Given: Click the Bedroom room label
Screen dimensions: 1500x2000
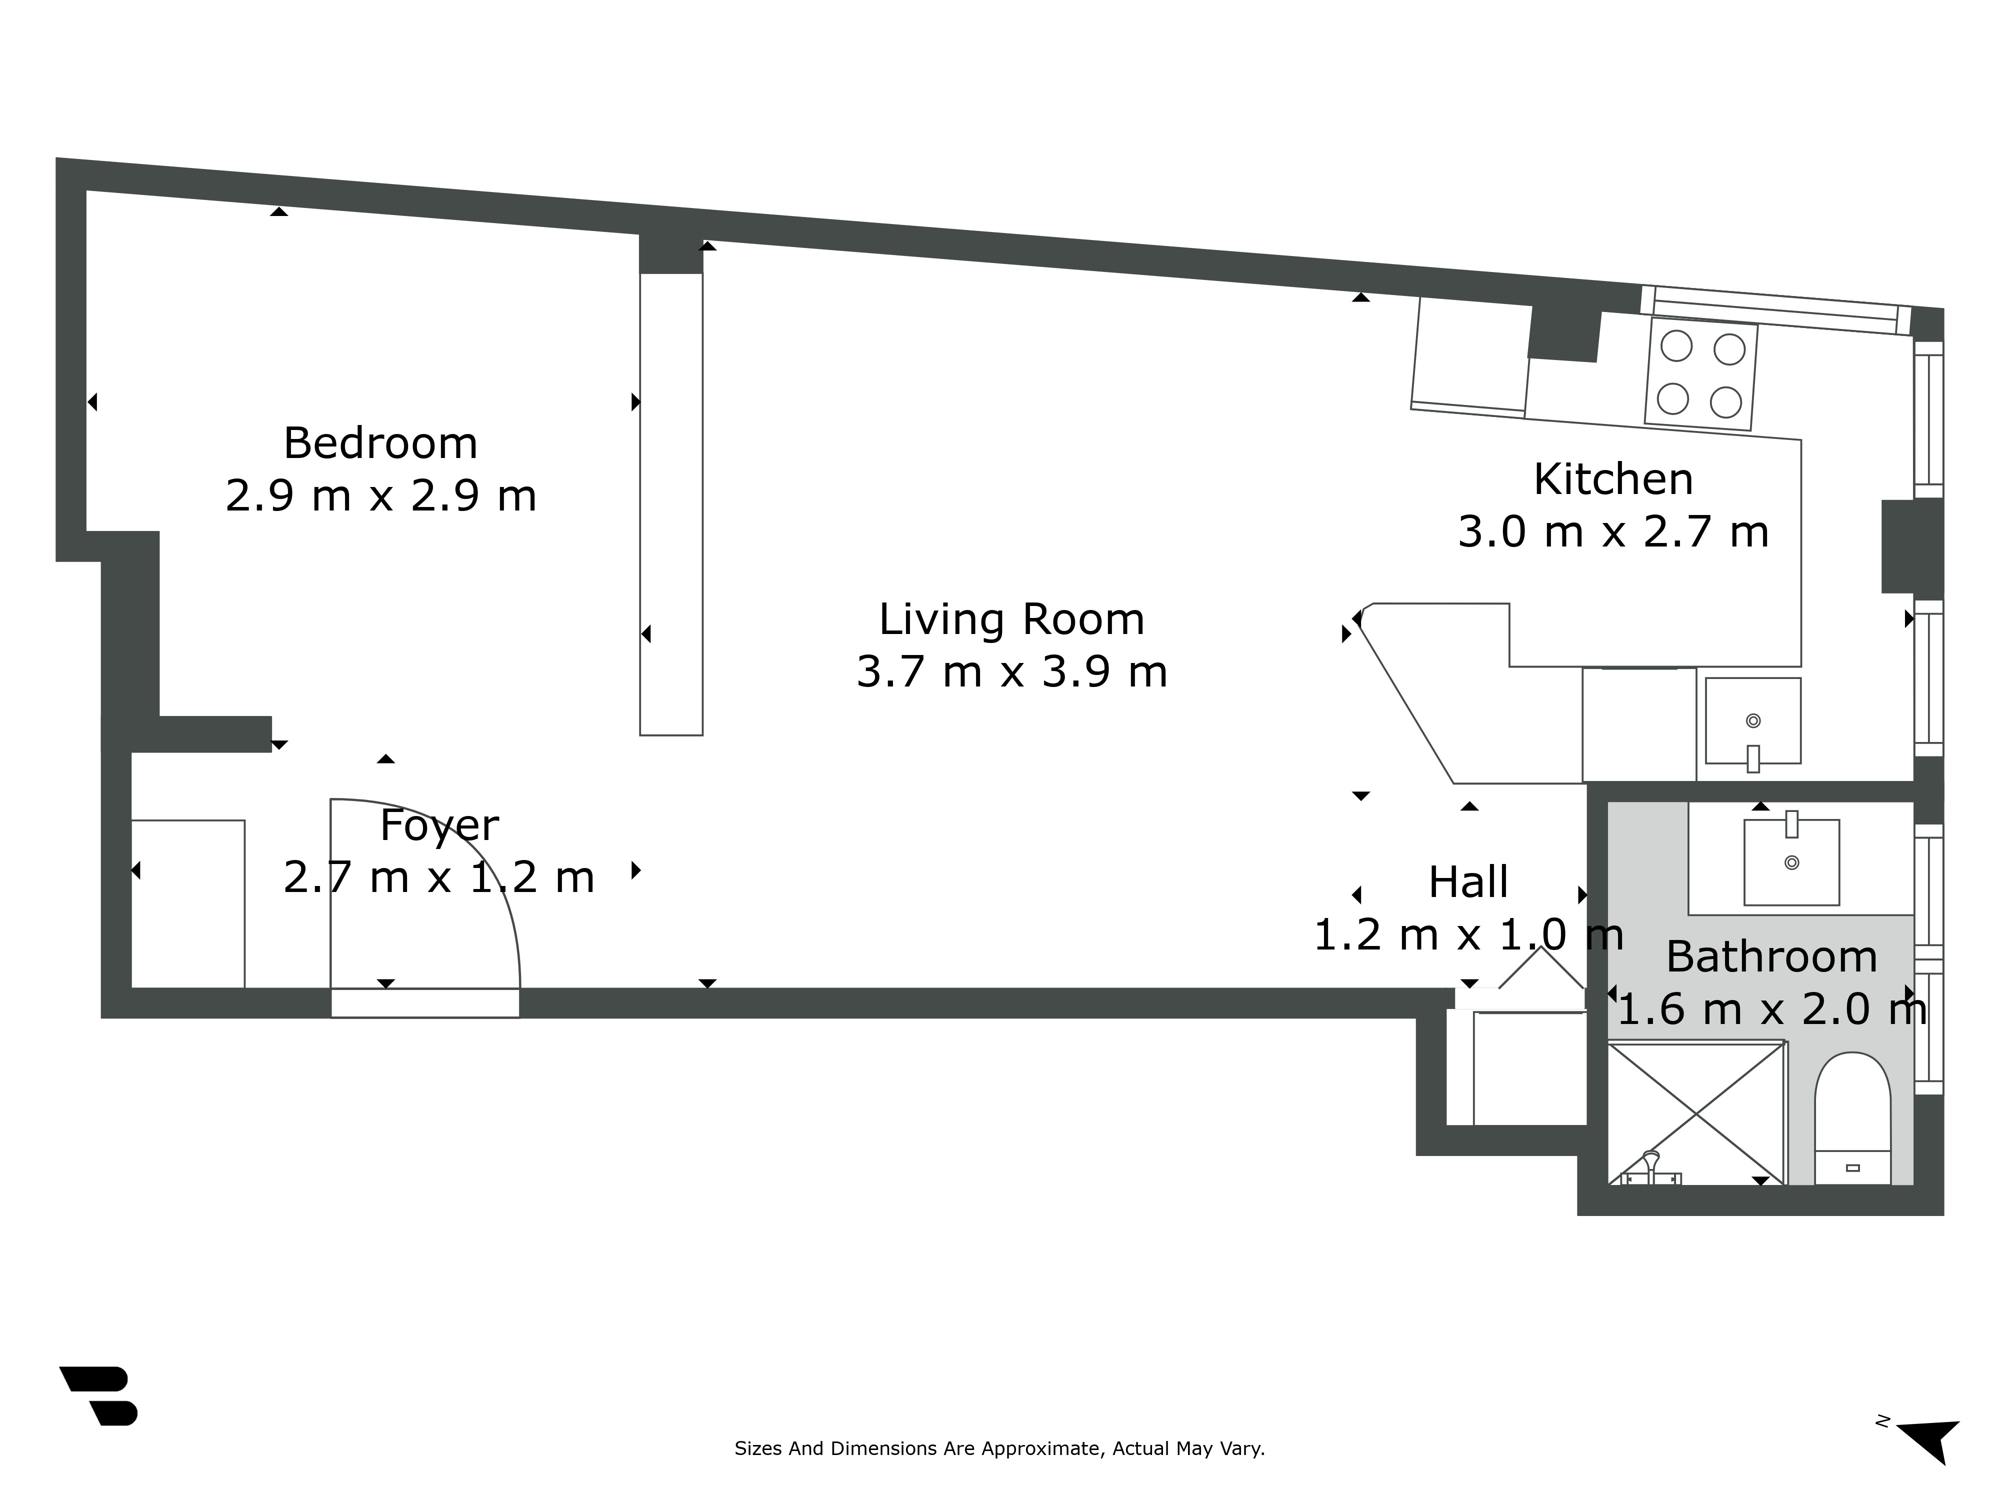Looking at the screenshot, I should point(380,443).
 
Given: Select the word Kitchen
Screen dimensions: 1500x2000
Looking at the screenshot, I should point(1613,479).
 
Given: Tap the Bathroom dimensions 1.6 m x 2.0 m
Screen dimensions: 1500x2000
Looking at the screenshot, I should point(1770,1009).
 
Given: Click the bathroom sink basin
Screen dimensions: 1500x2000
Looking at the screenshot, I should point(1791,861).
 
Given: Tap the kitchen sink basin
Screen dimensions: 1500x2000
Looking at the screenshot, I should point(1752,720).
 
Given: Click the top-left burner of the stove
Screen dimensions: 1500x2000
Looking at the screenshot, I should point(1676,346).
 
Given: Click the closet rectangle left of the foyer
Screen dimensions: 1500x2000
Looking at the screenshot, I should point(188,904).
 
